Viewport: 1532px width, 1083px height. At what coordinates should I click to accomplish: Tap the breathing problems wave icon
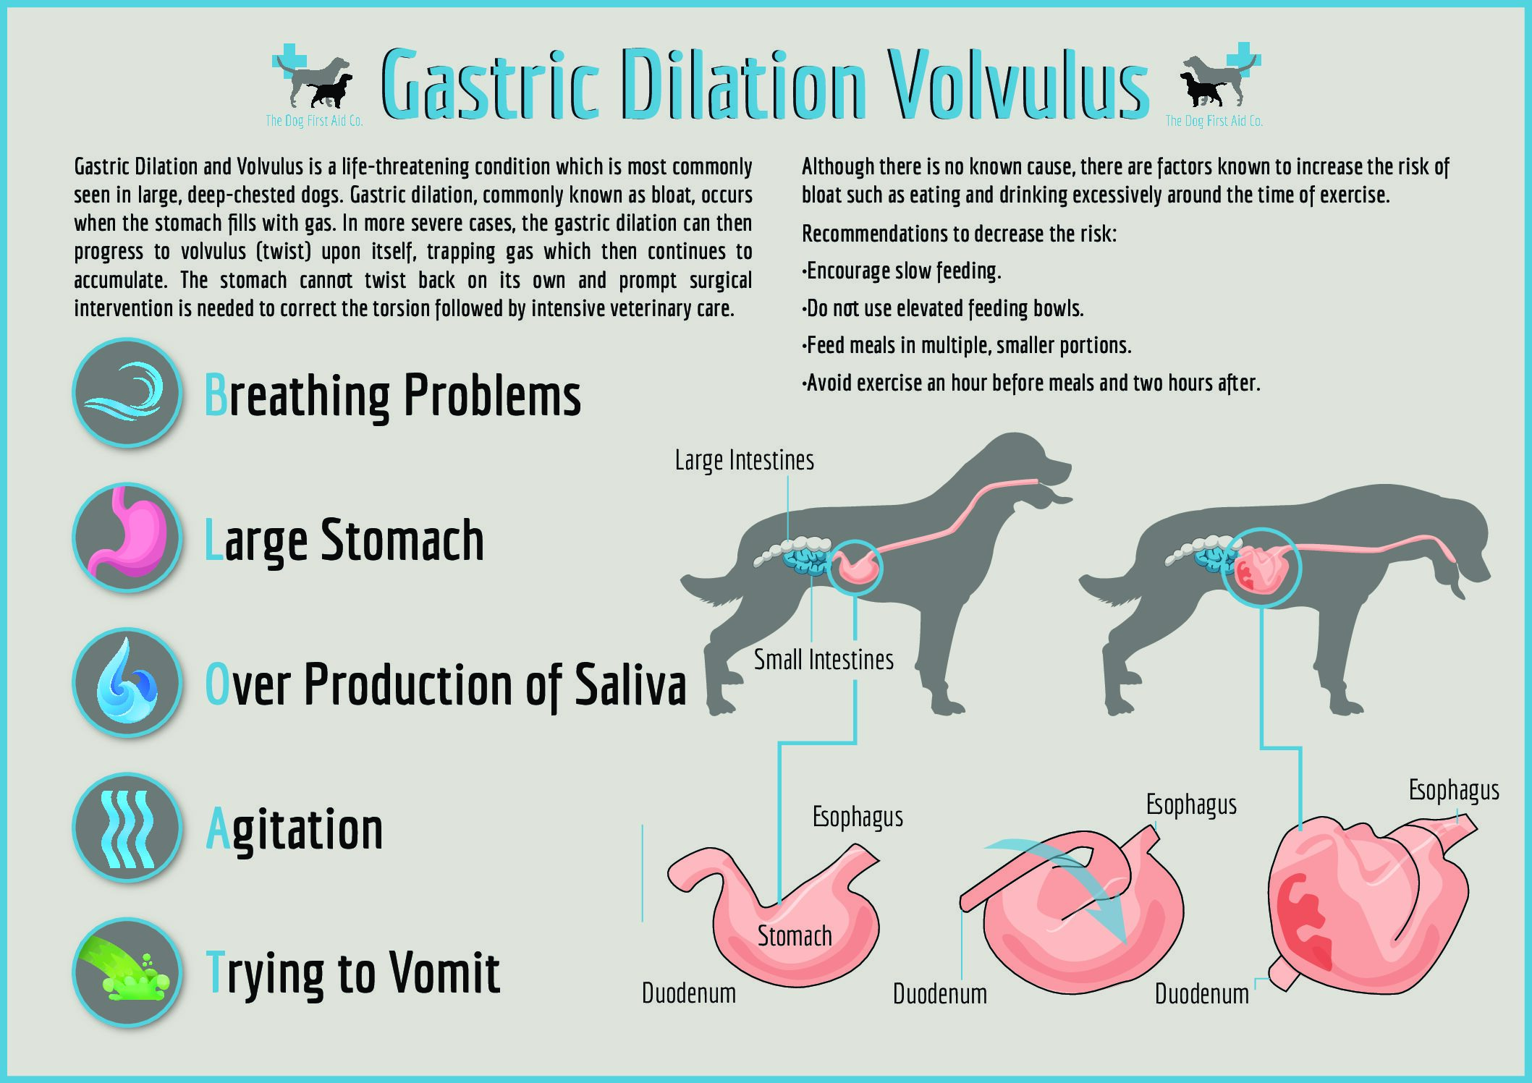click(x=127, y=393)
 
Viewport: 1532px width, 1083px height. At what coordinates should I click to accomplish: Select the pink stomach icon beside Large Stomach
click(x=127, y=538)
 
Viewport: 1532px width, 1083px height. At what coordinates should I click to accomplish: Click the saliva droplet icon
click(x=127, y=682)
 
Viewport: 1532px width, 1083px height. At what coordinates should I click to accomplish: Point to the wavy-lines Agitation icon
click(x=127, y=828)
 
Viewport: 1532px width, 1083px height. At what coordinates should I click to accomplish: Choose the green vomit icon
click(x=127, y=972)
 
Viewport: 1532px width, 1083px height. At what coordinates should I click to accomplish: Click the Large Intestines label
click(x=745, y=460)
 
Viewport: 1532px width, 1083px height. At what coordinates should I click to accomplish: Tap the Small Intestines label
click(x=824, y=660)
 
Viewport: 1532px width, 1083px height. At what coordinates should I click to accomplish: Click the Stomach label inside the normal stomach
click(x=795, y=936)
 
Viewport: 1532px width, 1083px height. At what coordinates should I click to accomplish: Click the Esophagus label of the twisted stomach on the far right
click(x=1454, y=791)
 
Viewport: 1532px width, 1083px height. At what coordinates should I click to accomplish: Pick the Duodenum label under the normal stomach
click(x=689, y=994)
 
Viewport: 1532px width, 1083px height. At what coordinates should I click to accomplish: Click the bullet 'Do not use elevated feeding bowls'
click(x=943, y=309)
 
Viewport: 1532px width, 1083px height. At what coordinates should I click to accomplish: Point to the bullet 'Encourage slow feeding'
click(x=902, y=271)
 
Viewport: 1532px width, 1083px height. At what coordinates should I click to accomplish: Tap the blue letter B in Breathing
click(x=216, y=395)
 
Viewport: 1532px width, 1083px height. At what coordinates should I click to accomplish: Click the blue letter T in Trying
click(x=214, y=973)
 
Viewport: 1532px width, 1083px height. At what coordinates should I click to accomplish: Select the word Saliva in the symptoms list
click(x=630, y=684)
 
